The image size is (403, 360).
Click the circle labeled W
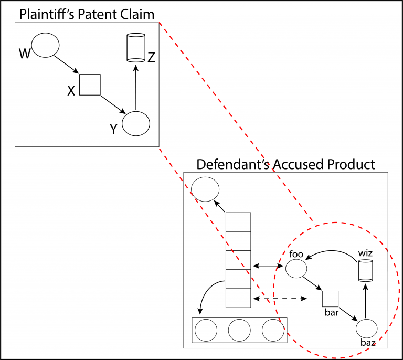[45, 46]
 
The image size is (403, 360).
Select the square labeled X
[90, 84]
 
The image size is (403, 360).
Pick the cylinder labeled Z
[136, 48]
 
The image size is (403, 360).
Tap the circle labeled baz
[367, 329]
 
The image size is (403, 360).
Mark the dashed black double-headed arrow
[279, 299]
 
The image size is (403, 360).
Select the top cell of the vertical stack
[238, 221]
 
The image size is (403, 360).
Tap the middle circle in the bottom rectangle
[239, 330]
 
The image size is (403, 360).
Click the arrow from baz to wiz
[366, 301]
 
